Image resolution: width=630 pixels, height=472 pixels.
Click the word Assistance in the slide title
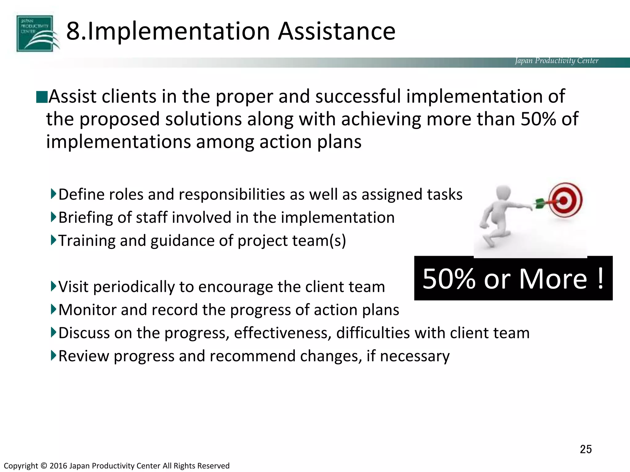[x=337, y=31]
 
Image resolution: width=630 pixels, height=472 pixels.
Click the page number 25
[x=586, y=449]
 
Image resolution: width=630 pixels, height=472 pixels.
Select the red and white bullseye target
[x=565, y=200]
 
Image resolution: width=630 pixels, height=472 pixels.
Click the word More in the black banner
[x=554, y=279]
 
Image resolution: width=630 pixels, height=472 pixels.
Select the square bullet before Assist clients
[x=42, y=97]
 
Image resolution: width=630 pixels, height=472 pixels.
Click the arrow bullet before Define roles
[x=53, y=194]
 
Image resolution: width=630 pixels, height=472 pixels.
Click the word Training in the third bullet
[x=87, y=241]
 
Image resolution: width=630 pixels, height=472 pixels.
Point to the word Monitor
[x=87, y=310]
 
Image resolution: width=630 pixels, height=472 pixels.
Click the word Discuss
[x=84, y=333]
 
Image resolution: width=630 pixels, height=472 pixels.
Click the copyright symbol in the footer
[x=43, y=466]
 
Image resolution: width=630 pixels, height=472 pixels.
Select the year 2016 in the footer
[x=58, y=466]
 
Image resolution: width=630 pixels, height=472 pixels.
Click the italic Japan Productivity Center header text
[x=556, y=61]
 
